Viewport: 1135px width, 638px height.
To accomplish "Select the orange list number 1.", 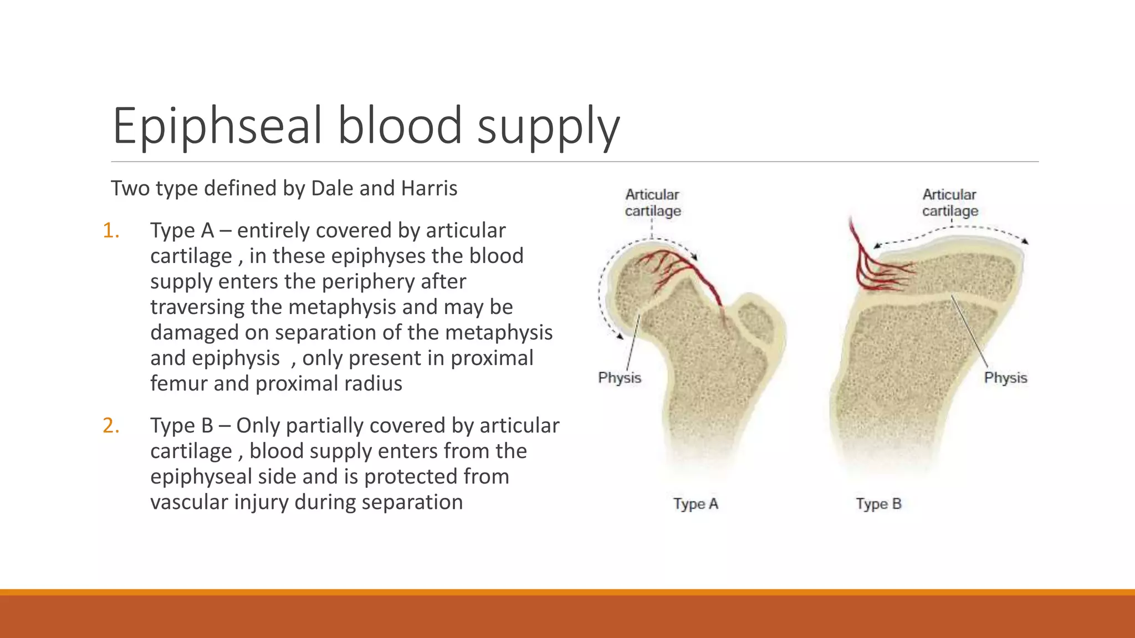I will point(111,230).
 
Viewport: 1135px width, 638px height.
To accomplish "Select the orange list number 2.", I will point(111,425).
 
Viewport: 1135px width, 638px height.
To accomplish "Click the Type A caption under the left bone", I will point(696,504).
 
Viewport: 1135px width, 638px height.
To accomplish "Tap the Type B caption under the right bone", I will point(878,504).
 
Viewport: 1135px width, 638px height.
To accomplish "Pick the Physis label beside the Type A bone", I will point(619,378).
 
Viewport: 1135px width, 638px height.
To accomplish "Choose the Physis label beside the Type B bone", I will point(1005,378).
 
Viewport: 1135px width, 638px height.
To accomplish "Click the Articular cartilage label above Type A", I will point(652,203).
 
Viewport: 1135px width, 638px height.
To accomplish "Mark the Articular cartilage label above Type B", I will point(950,203).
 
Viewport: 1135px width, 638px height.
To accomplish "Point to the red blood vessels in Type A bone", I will point(676,266).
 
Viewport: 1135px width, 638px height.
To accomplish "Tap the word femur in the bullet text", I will point(178,383).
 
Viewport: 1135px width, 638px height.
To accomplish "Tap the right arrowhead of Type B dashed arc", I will point(1026,241).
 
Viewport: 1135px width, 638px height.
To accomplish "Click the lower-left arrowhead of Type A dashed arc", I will point(620,336).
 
